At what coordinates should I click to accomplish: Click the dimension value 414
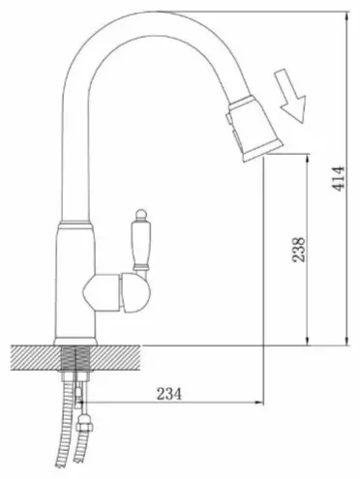pos(339,179)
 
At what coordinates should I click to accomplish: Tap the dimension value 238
pos(298,250)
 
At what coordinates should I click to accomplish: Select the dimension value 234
pos(169,394)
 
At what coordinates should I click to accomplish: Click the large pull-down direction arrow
pos(290,96)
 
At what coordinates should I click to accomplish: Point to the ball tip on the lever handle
pos(140,214)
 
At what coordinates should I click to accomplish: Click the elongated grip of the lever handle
pos(140,243)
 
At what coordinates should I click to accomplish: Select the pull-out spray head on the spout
pos(255,129)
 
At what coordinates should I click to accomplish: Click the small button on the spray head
pos(228,118)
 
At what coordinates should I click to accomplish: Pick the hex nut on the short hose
pos(84,423)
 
